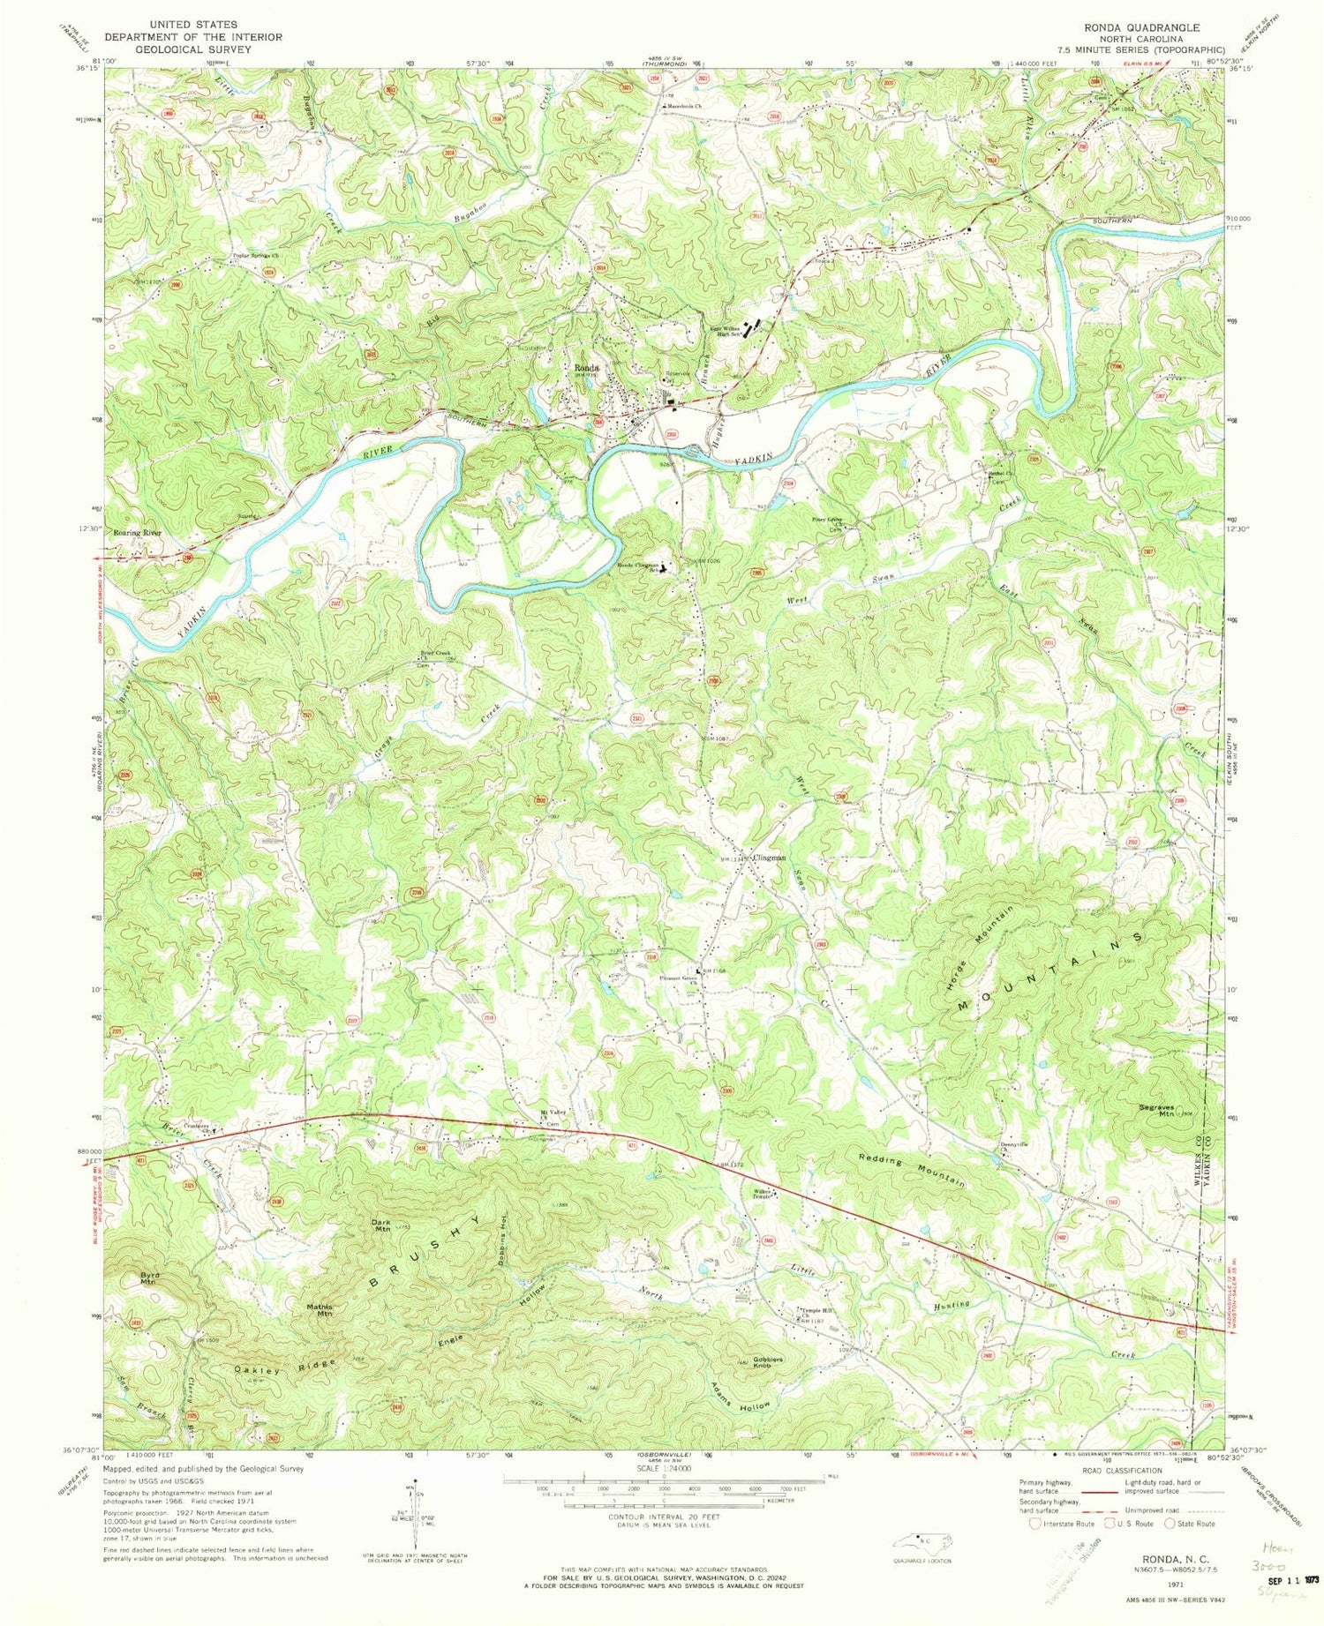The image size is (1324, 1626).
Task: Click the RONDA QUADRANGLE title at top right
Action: pos(1157,27)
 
